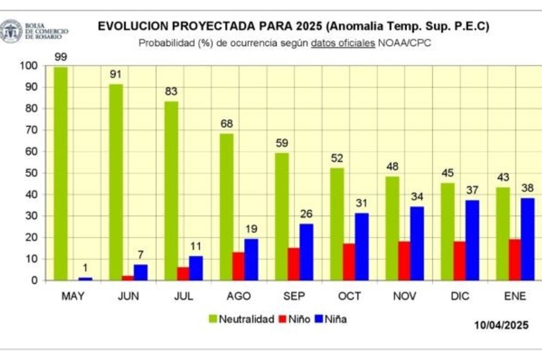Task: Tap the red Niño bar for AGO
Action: (237, 266)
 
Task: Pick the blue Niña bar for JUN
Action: (141, 272)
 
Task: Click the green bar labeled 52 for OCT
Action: (337, 224)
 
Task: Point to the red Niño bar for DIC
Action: (459, 261)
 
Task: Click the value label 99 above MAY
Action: (60, 57)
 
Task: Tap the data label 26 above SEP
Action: (307, 215)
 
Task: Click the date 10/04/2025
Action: (501, 325)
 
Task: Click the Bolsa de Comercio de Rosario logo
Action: (11, 31)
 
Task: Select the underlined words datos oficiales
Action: (343, 43)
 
